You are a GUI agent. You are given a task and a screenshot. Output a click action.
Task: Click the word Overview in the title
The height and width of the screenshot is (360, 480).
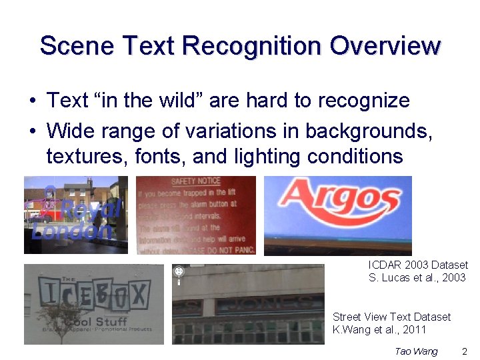point(385,46)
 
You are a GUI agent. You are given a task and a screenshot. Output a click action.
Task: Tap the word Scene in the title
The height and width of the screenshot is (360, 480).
point(77,46)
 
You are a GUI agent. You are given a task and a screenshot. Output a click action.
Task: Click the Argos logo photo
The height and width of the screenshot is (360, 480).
point(337,215)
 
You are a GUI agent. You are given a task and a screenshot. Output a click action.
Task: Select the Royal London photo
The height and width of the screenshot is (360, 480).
point(75,215)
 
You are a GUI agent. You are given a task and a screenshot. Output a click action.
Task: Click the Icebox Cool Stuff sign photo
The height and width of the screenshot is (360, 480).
point(93,304)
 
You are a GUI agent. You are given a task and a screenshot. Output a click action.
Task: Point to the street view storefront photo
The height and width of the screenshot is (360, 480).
point(248,304)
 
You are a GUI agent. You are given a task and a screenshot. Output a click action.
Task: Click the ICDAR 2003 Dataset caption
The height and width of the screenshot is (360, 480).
point(418,265)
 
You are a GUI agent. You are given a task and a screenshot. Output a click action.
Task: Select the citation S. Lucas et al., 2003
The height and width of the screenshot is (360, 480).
point(417,277)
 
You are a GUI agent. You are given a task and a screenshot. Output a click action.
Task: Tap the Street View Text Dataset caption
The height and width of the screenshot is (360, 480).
point(391,317)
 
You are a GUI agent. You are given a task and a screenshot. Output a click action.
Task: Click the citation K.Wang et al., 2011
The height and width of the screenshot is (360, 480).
point(379,329)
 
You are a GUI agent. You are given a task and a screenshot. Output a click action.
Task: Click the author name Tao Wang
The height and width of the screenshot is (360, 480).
point(416,351)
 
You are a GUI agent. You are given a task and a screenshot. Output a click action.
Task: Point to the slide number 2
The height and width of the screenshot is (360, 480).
point(465,351)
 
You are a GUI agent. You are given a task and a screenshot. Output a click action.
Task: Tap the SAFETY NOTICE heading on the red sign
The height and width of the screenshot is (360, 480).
point(195,181)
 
